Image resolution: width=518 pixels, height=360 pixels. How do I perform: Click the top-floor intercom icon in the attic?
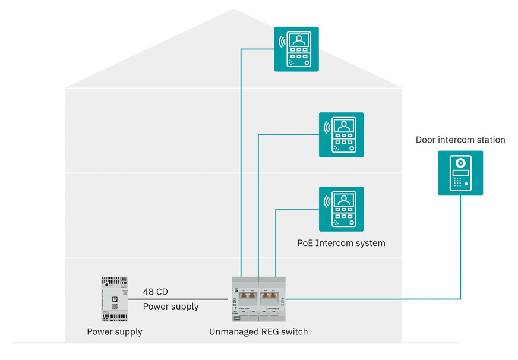tap(296, 49)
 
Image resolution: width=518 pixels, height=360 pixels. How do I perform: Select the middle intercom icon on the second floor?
tap(341, 134)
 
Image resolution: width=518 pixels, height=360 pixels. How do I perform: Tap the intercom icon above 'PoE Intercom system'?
tap(341, 209)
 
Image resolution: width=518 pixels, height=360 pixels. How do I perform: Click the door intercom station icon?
tap(460, 172)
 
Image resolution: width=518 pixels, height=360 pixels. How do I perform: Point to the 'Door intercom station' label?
tap(460, 140)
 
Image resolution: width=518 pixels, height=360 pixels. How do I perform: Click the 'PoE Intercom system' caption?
tap(341, 243)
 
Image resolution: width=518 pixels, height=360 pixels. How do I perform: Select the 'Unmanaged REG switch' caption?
tap(258, 331)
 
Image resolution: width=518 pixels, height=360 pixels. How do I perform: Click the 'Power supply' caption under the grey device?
tap(115, 331)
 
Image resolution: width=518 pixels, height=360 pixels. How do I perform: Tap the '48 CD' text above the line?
tap(156, 292)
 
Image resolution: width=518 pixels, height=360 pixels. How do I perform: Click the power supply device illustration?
tap(115, 299)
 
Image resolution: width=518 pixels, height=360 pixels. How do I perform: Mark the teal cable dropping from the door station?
tap(461, 250)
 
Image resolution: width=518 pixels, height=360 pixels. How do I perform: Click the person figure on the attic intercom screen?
tap(299, 41)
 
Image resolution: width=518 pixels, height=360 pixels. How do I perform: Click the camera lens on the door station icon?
tap(460, 162)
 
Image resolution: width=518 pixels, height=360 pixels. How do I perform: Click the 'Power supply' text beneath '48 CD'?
tap(170, 307)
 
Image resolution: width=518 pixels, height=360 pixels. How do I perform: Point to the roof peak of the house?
tap(233, 10)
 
